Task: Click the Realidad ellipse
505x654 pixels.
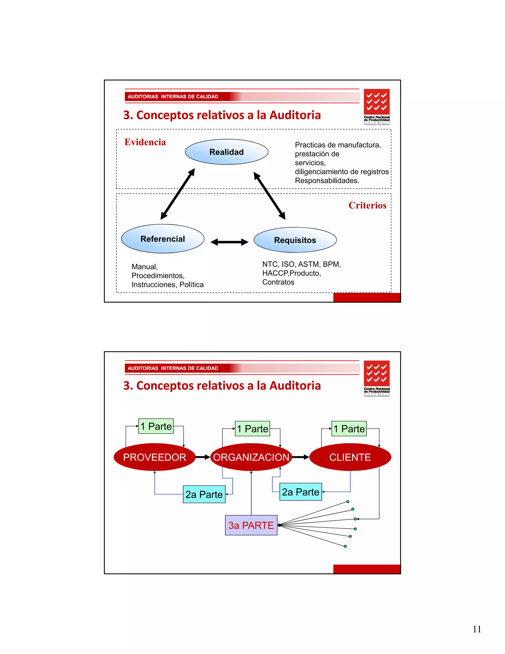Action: pyautogui.click(x=226, y=152)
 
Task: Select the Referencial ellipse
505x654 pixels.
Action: pyautogui.click(x=162, y=239)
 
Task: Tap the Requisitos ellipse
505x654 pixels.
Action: pyautogui.click(x=295, y=240)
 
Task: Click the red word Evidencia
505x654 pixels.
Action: pyautogui.click(x=145, y=142)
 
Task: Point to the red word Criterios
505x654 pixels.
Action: pyautogui.click(x=367, y=205)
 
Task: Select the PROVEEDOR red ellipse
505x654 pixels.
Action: pyautogui.click(x=155, y=457)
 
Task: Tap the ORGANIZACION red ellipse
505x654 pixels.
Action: pyautogui.click(x=251, y=457)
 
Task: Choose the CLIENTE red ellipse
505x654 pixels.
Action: pyautogui.click(x=350, y=457)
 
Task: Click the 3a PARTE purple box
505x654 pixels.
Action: pyautogui.click(x=251, y=525)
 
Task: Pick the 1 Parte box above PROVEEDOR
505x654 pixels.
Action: pyautogui.click(x=156, y=426)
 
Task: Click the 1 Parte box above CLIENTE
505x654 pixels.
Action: pyautogui.click(x=349, y=428)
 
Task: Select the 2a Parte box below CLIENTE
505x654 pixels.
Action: pyautogui.click(x=300, y=492)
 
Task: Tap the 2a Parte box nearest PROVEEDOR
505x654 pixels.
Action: pyautogui.click(x=204, y=494)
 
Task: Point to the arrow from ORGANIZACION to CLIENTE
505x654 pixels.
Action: pyautogui.click(x=300, y=457)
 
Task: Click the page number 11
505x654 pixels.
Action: pyautogui.click(x=477, y=629)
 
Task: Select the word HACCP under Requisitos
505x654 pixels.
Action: pyautogui.click(x=275, y=273)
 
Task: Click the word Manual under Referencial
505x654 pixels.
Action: pyautogui.click(x=144, y=267)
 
